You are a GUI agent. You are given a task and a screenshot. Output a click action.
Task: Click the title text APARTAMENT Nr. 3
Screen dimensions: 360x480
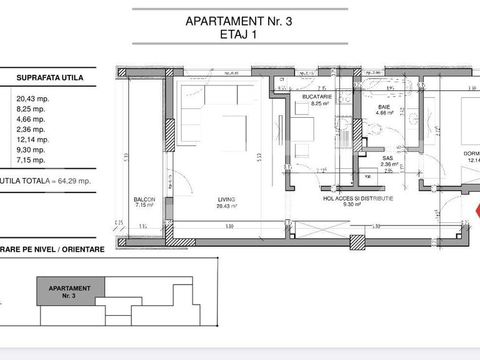click(239, 21)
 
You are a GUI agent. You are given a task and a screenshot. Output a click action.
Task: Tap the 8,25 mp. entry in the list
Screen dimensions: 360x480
click(31, 109)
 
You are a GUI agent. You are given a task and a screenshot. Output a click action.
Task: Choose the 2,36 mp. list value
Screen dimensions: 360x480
click(31, 130)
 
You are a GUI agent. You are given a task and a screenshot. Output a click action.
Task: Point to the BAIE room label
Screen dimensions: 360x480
click(385, 107)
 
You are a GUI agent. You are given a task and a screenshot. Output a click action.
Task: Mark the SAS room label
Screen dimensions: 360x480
click(387, 158)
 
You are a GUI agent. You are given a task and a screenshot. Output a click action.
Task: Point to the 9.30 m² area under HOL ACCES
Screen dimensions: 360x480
click(352, 204)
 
